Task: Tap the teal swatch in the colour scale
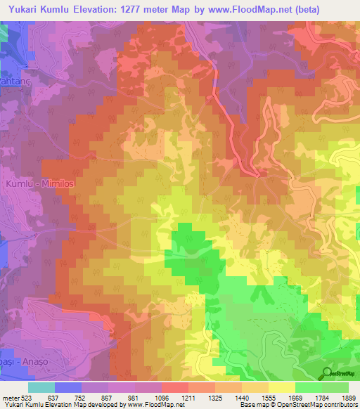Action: pos(41,387)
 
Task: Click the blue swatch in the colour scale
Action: pos(68,387)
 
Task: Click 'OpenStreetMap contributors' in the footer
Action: pos(312,405)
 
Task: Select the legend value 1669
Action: pos(296,397)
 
